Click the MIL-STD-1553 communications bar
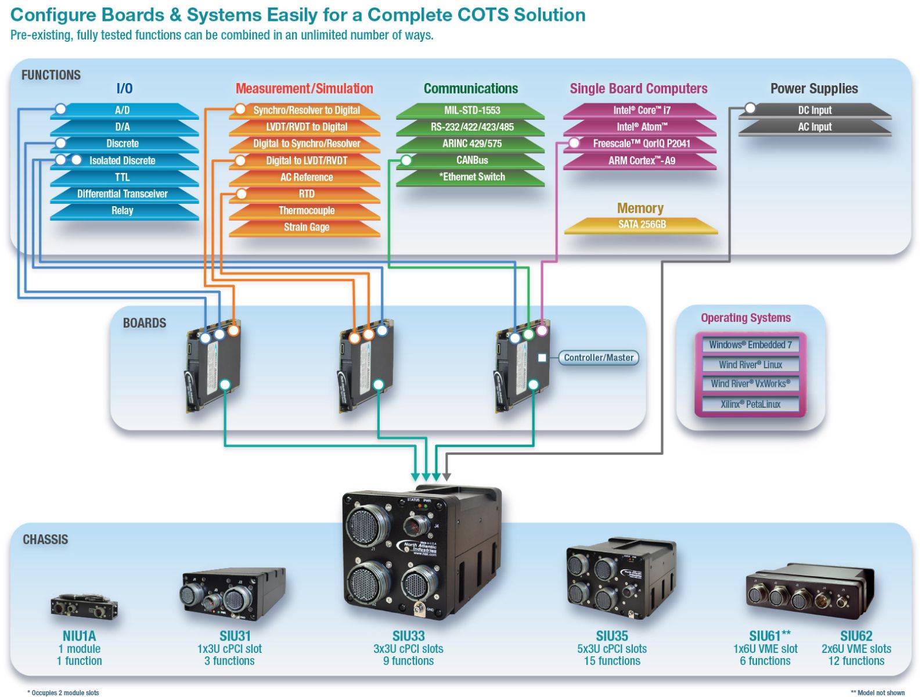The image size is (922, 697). tap(471, 110)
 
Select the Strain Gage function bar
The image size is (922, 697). tap(306, 228)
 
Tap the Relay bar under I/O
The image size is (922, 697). tap(123, 211)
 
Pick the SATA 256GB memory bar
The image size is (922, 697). tap(642, 225)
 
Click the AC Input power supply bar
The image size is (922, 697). tap(815, 127)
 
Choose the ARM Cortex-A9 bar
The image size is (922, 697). tap(642, 161)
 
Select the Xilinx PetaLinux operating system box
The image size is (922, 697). tap(750, 404)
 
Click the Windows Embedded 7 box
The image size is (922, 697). tap(750, 345)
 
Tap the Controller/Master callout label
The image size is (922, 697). tap(599, 358)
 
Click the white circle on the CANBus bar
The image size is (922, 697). tap(406, 160)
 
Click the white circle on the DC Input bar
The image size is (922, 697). tap(750, 109)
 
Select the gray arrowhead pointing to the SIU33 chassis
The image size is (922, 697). tap(446, 476)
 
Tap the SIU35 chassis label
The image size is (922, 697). tap(612, 636)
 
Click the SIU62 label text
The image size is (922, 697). tap(856, 636)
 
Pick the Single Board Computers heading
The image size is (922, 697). tap(638, 89)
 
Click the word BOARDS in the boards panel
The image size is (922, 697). tap(145, 324)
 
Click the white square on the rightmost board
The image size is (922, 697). tap(542, 358)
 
